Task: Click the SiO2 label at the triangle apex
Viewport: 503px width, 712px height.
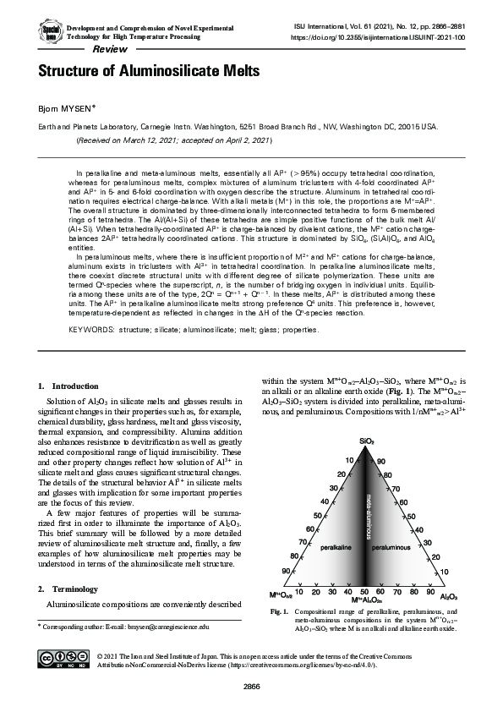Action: click(366, 441)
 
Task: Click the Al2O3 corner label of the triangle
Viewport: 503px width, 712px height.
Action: click(449, 595)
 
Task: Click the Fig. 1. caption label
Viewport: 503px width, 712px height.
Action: click(278, 611)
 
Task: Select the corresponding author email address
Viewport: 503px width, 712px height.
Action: click(166, 627)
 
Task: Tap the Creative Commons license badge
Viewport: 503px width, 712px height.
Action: click(67, 660)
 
